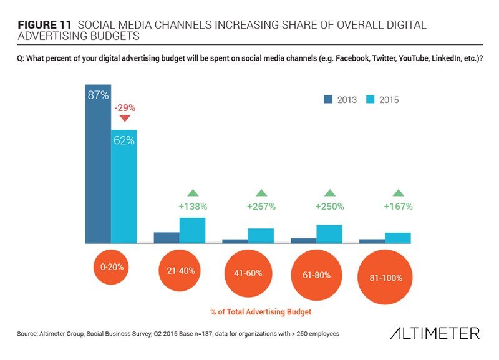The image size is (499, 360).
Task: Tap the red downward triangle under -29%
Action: pos(124,119)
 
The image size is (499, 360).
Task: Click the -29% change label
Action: pos(124,107)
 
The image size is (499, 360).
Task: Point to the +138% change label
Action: pos(192,206)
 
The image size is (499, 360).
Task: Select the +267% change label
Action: pos(261,206)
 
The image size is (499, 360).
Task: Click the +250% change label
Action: pos(329,206)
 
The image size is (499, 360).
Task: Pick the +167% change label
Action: pos(397,206)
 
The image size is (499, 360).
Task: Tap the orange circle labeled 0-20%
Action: pos(112,267)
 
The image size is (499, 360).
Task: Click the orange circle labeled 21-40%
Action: pos(181,271)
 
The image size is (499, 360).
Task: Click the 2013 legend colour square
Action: pos(328,99)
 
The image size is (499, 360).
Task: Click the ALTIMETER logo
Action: pos(434,334)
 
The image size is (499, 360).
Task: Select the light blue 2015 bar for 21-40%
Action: pos(192,230)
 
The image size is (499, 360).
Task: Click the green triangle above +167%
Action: pos(397,193)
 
